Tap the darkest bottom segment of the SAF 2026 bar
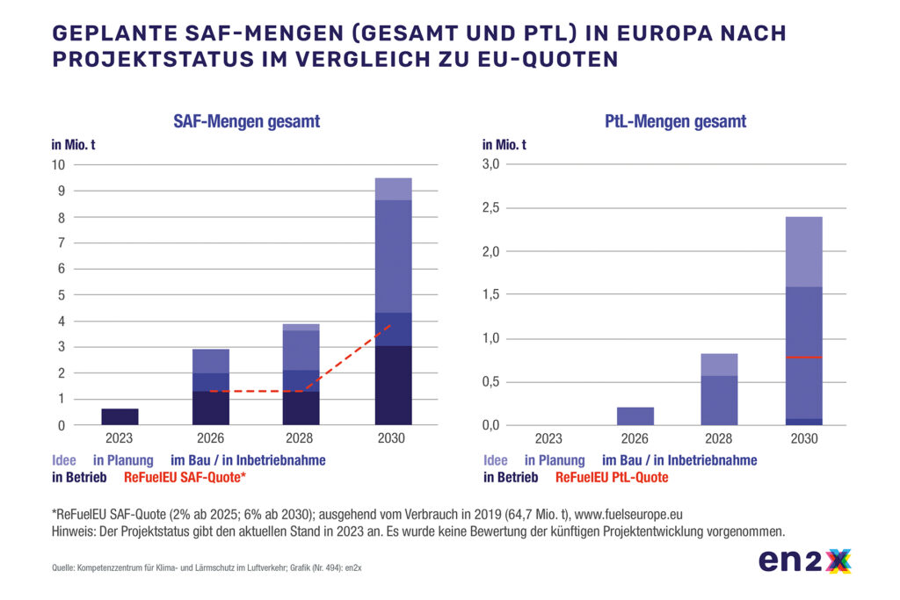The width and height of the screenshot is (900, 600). pyautogui.click(x=211, y=408)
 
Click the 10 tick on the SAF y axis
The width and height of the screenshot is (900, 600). pyautogui.click(x=58, y=165)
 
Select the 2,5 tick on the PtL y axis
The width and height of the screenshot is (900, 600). pyautogui.click(x=490, y=208)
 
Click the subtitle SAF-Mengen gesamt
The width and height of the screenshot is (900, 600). pyautogui.click(x=246, y=122)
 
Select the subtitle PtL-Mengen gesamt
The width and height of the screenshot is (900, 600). pyautogui.click(x=676, y=122)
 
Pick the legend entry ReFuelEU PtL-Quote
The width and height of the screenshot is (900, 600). pyautogui.click(x=612, y=478)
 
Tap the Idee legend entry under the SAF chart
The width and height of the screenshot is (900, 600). pyautogui.click(x=64, y=460)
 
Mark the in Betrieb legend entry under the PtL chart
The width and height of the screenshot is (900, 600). pyautogui.click(x=511, y=478)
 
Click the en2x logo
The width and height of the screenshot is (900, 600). pyautogui.click(x=804, y=560)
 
